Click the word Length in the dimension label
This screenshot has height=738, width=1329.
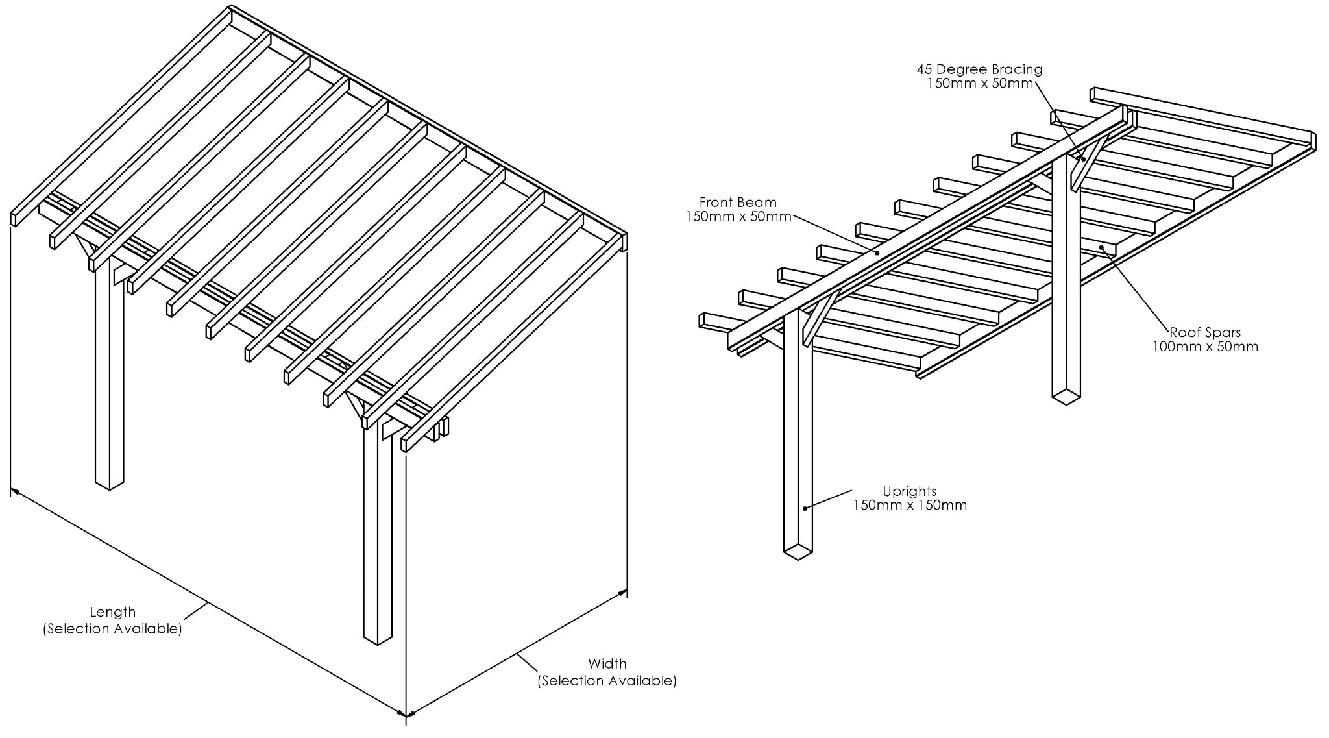pyautogui.click(x=112, y=612)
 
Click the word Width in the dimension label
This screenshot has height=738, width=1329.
pyautogui.click(x=607, y=664)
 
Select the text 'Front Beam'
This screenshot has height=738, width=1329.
pyautogui.click(x=737, y=203)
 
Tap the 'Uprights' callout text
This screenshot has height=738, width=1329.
pyautogui.click(x=909, y=491)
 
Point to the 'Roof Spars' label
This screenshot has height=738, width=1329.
pyautogui.click(x=1204, y=333)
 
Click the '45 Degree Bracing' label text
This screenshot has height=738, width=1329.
pyautogui.click(x=979, y=69)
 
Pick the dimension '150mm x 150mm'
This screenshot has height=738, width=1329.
pyautogui.click(x=909, y=505)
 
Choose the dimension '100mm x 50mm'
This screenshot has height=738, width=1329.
pyautogui.click(x=1204, y=347)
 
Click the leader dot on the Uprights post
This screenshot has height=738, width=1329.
pyautogui.click(x=805, y=508)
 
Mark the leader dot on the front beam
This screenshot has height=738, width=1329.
pyautogui.click(x=878, y=253)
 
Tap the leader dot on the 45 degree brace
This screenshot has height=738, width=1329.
pyautogui.click(x=1083, y=158)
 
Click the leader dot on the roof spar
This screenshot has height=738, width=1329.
pyautogui.click(x=1102, y=247)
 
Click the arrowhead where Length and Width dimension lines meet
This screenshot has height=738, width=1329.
pyautogui.click(x=406, y=715)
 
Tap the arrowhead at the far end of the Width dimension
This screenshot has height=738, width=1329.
pyautogui.click(x=624, y=591)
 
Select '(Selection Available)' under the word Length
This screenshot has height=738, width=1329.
pyautogui.click(x=112, y=629)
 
